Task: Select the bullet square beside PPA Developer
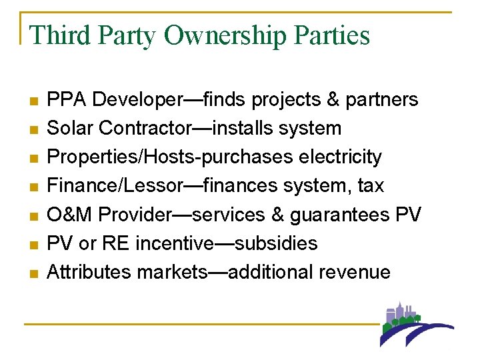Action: click(33, 101)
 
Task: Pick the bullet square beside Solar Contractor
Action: click(33, 130)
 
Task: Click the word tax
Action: click(371, 185)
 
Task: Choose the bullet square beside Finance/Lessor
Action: click(33, 187)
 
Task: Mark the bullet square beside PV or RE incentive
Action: click(33, 245)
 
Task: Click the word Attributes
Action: click(89, 271)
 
